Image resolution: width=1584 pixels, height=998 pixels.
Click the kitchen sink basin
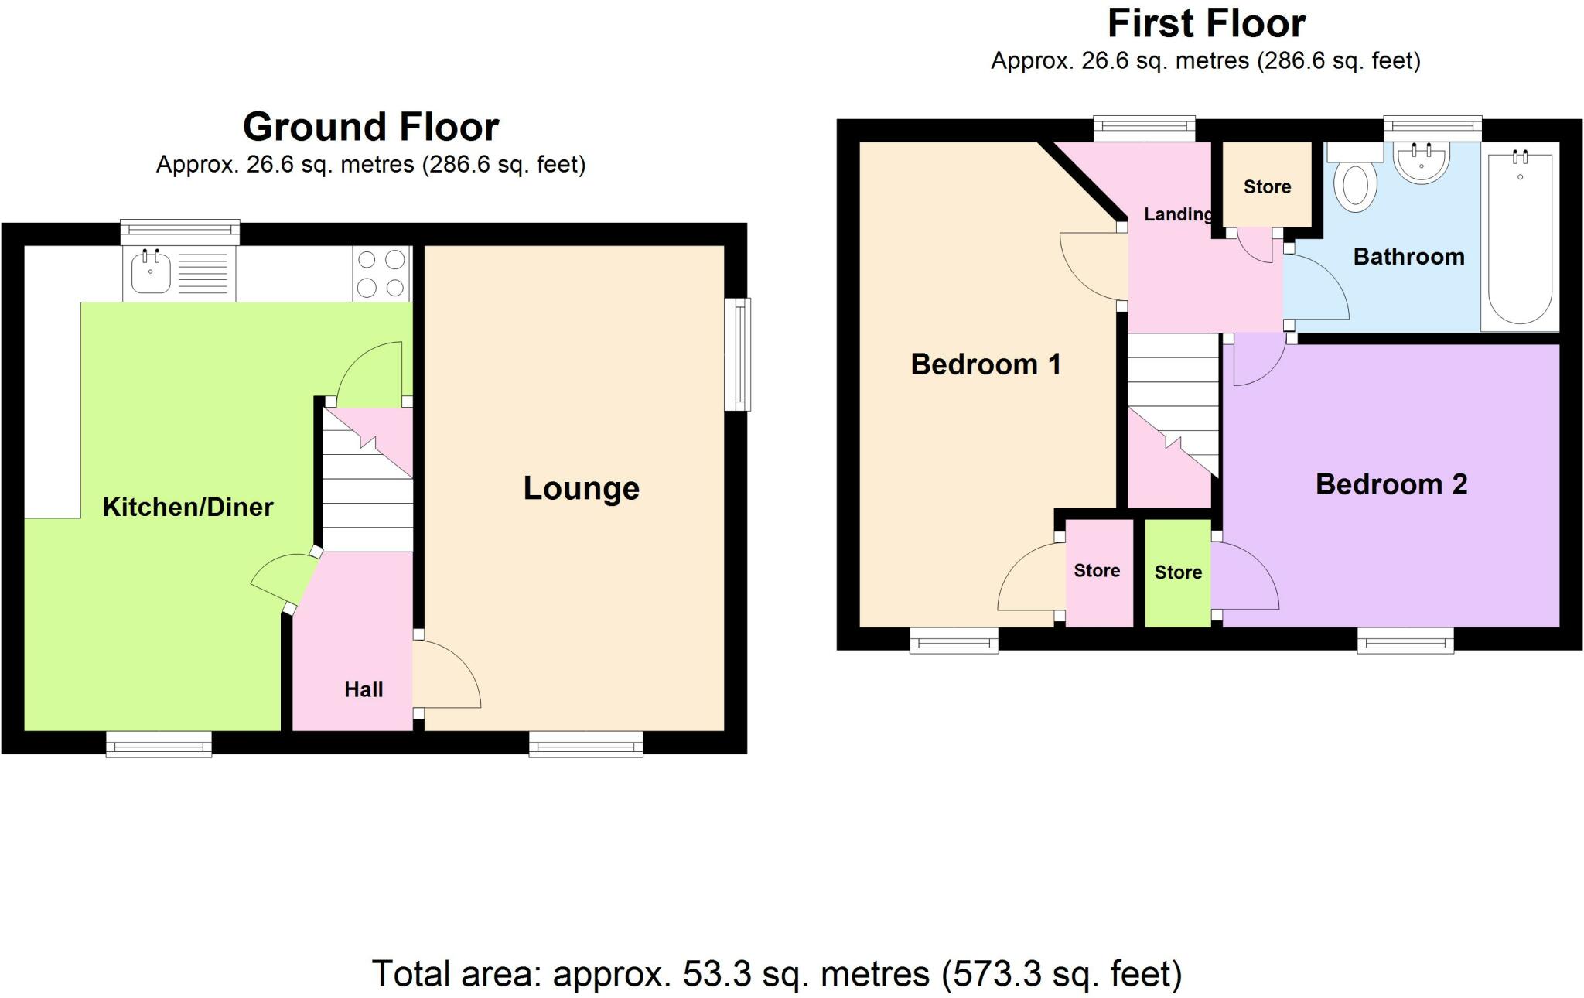coord(151,273)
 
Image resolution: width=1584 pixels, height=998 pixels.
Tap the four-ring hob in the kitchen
coord(381,273)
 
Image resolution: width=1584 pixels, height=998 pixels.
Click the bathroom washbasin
coord(1421,163)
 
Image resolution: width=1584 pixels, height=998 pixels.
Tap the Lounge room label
coord(582,488)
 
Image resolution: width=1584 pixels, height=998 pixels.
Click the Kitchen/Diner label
coord(188,508)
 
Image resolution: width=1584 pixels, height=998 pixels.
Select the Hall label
coord(364,689)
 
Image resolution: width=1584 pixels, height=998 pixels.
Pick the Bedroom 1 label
coord(985,364)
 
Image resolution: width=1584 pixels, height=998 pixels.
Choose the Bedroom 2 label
coord(1391,484)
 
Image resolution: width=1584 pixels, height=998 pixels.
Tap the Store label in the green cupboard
coord(1178,572)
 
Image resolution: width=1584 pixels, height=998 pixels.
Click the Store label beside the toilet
coord(1267,186)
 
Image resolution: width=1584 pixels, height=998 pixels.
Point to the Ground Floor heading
coord(370,127)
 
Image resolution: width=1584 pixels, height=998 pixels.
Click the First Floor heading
coord(1206,23)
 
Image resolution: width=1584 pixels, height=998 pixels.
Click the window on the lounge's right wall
coord(737,354)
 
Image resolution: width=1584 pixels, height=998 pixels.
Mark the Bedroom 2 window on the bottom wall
coord(1405,640)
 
